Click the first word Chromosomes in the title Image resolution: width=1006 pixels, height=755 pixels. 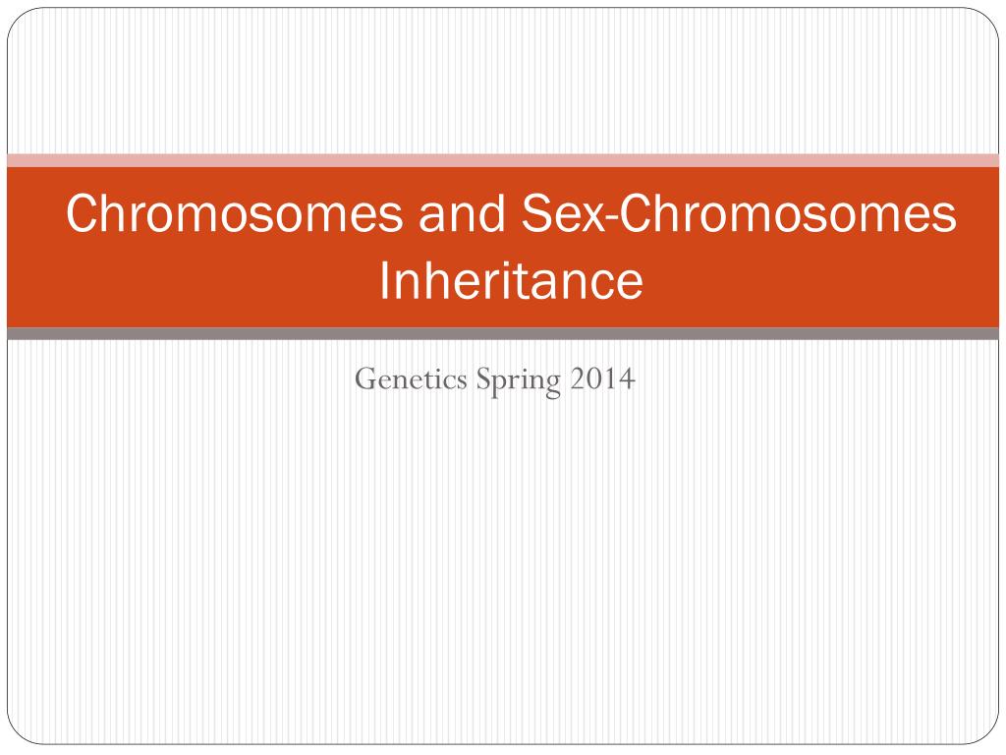(234, 213)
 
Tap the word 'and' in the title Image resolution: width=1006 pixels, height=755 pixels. (462, 213)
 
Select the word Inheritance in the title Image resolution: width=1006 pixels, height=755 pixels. (511, 280)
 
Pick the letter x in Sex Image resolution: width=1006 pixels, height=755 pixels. (592, 219)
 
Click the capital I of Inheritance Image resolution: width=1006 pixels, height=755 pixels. (384, 280)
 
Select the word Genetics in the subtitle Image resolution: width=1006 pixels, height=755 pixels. (412, 378)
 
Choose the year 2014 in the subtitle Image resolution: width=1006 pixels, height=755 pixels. (602, 378)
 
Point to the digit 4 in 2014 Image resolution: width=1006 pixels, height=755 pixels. (627, 378)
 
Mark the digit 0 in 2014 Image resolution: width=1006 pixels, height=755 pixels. (594, 378)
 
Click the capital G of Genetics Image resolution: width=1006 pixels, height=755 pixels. (365, 378)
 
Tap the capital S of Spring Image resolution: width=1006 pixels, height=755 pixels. (482, 378)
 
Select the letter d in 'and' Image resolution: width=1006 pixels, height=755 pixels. (492, 213)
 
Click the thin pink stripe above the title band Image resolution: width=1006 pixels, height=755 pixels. (503, 160)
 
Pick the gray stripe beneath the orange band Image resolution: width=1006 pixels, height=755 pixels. (503, 334)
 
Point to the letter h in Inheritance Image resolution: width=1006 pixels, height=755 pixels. (439, 280)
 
